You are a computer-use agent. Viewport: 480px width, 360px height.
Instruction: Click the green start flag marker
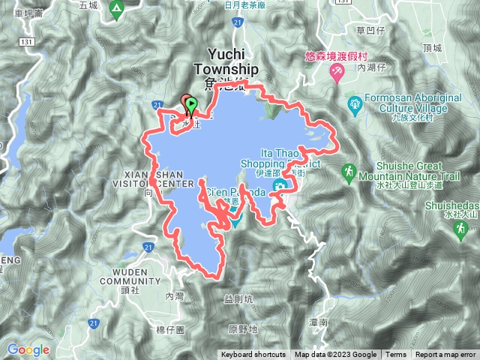(x=190, y=104)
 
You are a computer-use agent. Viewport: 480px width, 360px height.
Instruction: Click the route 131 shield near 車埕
(x=28, y=41)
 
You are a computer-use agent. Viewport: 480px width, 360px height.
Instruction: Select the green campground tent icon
(x=116, y=10)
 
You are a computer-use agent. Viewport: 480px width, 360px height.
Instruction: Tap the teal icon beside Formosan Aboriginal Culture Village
(x=355, y=103)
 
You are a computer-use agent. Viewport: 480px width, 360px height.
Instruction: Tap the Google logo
(x=28, y=349)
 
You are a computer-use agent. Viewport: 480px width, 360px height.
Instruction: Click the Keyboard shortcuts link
(x=253, y=355)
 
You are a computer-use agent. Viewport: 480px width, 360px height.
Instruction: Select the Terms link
(x=396, y=355)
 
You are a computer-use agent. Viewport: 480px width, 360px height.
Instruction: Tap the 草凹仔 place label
(x=370, y=31)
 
